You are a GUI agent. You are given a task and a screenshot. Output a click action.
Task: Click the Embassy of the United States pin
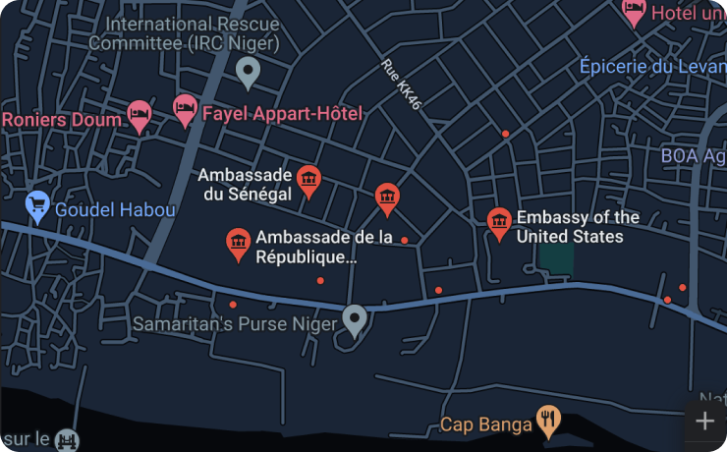tap(499, 221)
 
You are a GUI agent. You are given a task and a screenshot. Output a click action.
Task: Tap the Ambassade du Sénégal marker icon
tap(308, 179)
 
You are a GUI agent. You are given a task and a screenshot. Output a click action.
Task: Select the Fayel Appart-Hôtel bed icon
tap(185, 109)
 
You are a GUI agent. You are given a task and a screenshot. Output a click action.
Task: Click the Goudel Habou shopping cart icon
tap(38, 205)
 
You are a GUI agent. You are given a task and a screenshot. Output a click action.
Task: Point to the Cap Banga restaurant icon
tap(548, 422)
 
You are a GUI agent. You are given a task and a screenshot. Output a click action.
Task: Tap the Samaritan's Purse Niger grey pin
tap(354, 318)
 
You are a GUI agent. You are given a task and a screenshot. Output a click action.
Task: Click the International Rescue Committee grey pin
tap(249, 70)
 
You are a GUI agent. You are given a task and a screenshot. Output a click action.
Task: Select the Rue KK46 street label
tap(402, 84)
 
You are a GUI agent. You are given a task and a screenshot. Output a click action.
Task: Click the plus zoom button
tap(704, 422)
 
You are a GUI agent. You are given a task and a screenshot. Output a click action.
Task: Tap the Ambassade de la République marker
tap(237, 243)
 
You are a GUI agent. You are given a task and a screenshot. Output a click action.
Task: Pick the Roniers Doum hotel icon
tap(140, 116)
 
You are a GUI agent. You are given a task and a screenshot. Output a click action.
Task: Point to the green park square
tap(556, 257)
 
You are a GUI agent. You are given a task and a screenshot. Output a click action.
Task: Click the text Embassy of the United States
tap(577, 227)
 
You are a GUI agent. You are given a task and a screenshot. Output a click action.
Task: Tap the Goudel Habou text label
tap(115, 209)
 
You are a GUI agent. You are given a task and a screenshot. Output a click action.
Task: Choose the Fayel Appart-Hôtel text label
tap(282, 113)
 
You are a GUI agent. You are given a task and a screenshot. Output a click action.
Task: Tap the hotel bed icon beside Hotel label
tap(635, 12)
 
